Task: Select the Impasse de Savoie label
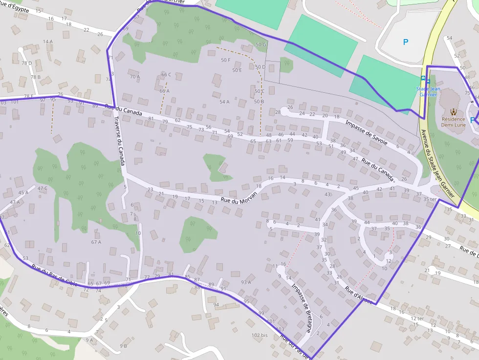tap(366, 132)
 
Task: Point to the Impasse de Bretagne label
tap(301, 308)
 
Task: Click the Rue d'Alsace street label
tap(359, 295)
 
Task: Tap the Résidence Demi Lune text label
tap(453, 122)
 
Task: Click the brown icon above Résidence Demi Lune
tap(453, 111)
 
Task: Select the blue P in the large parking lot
tap(406, 42)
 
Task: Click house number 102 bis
tap(260, 335)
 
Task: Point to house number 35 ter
tap(430, 199)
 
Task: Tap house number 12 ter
tap(417, 318)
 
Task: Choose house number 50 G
tap(261, 45)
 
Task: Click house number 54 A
tap(224, 102)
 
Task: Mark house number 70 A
tap(135, 77)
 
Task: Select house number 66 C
tap(166, 75)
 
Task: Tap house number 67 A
tap(96, 242)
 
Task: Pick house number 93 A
tap(246, 282)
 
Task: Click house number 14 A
tap(48, 42)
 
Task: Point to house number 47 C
tap(43, 188)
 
